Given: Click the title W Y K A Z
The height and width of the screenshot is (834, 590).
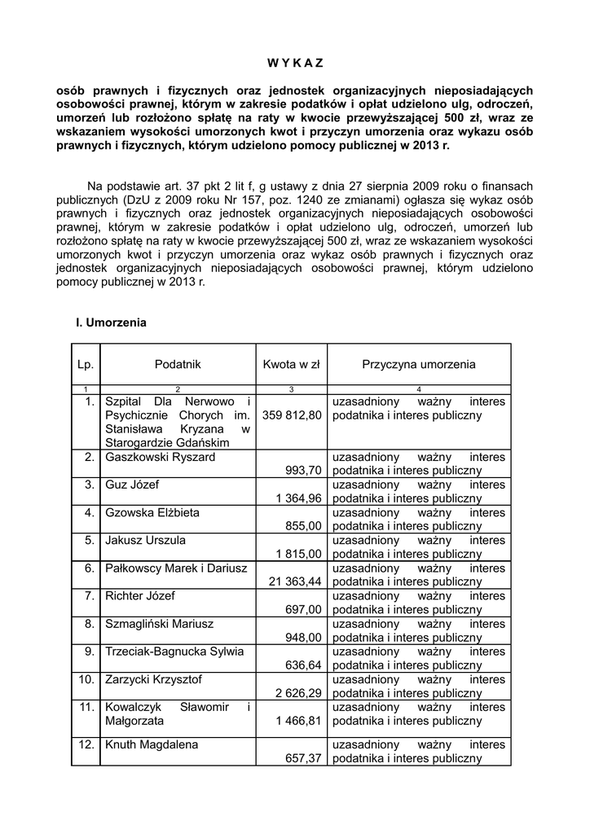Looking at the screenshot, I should [296, 63].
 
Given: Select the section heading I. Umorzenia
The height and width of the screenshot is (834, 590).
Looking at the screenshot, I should [111, 323].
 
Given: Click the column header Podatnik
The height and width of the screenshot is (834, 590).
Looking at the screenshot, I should [178, 365].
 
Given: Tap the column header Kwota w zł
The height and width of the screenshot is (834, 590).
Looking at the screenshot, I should [292, 365].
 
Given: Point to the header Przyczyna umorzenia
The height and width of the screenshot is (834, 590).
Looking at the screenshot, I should [419, 365].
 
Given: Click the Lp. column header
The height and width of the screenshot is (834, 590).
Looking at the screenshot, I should [85, 365].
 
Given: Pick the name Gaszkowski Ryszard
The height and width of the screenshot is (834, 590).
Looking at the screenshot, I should [161, 457].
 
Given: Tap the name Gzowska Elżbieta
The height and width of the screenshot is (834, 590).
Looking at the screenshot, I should [152, 512].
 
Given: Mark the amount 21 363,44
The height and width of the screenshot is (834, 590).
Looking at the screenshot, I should [295, 582].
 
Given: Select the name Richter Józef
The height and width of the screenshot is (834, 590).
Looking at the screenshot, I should [140, 595].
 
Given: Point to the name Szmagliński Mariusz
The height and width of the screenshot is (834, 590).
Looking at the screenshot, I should [160, 623].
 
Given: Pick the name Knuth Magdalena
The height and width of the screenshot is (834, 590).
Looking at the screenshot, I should [152, 744].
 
